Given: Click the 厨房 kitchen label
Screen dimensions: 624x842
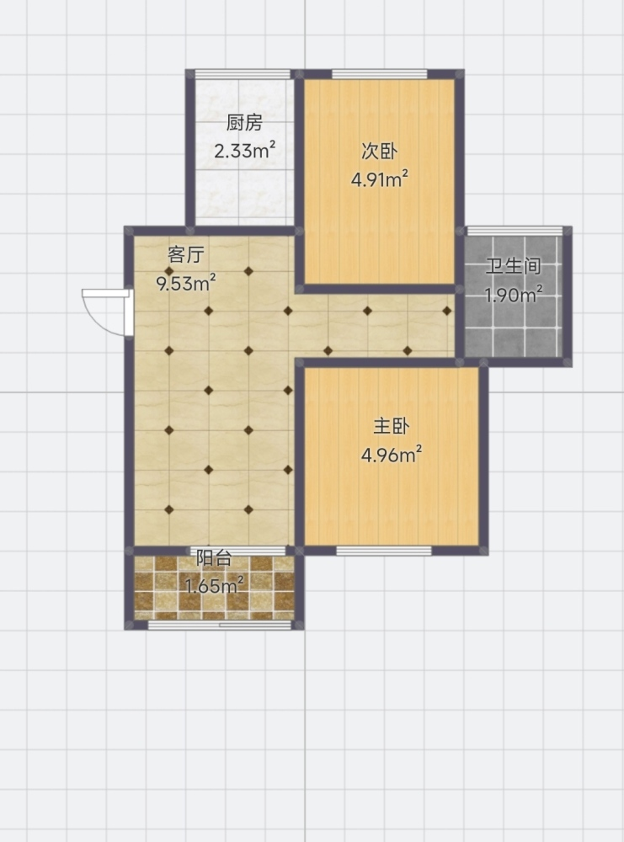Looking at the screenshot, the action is point(244,123).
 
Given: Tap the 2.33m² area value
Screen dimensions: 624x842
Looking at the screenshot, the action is point(245,151).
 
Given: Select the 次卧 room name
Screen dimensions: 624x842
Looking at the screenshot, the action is point(379,151).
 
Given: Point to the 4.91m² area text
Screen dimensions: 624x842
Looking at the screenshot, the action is point(380,179).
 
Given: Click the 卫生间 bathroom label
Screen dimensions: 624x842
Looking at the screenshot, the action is point(514,266).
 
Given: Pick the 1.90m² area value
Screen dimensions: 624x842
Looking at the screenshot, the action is point(514,294).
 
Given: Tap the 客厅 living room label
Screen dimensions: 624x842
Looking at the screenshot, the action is point(186,254).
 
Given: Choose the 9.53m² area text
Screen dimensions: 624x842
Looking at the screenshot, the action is point(186,282).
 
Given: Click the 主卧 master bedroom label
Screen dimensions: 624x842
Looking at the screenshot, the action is point(392,426).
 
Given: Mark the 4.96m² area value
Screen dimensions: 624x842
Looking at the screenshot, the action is point(392,455).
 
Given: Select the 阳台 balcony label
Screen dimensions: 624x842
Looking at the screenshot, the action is point(214,558).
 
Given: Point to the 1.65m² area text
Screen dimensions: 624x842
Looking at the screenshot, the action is point(214,585).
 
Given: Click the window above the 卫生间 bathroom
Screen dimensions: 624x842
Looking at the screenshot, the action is point(515,231).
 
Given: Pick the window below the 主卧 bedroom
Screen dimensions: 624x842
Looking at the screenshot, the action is point(384,551).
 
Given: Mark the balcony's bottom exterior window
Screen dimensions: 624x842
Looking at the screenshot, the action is point(219,625).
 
